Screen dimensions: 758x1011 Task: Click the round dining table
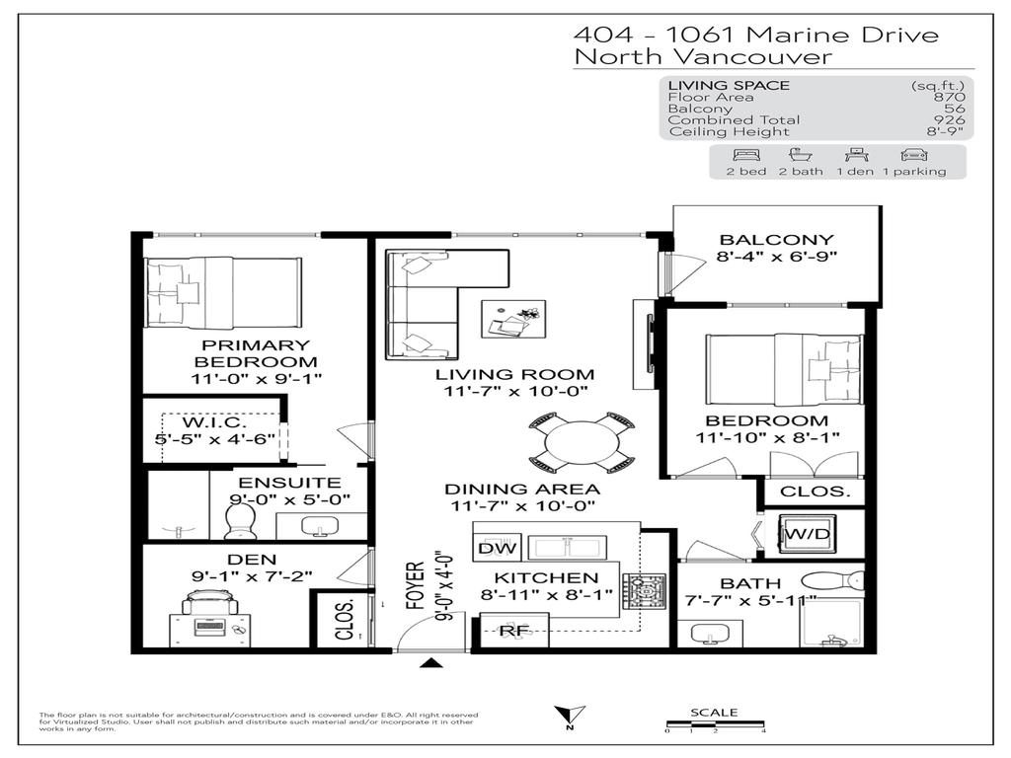(x=582, y=443)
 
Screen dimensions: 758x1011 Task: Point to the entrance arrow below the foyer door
(x=430, y=663)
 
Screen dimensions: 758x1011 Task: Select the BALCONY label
(x=776, y=240)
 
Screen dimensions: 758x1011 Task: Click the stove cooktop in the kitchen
(x=643, y=591)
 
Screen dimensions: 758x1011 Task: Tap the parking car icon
(x=913, y=155)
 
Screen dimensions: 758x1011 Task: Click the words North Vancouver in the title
(x=703, y=57)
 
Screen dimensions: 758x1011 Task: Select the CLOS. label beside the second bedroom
(x=815, y=492)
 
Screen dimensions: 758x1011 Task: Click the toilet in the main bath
(x=829, y=581)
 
